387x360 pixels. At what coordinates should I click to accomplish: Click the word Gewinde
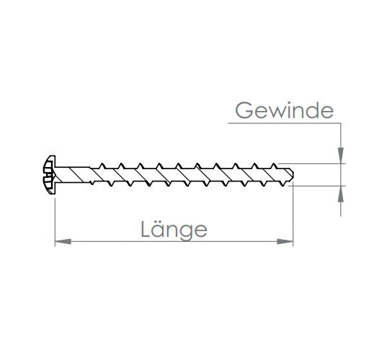click(x=285, y=110)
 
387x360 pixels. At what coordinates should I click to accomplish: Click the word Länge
click(x=174, y=230)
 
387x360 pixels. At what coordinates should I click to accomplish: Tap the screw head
click(x=49, y=175)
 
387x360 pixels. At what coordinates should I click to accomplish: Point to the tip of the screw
click(x=293, y=174)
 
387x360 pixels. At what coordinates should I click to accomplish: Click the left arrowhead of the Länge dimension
click(x=63, y=242)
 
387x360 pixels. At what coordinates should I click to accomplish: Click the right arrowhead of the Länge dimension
click(x=285, y=242)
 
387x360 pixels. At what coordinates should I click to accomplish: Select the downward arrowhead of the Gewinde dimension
click(x=341, y=156)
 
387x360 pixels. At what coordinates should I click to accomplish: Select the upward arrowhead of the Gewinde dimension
click(x=341, y=194)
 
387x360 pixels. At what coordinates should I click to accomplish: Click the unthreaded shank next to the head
click(x=73, y=175)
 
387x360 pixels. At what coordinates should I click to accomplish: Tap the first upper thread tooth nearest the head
click(x=102, y=166)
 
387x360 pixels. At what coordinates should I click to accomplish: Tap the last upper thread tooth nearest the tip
click(x=274, y=166)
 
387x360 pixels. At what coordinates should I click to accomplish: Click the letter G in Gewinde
click(x=244, y=110)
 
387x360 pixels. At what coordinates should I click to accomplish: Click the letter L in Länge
click(x=146, y=229)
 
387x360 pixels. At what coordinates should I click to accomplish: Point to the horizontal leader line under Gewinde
click(x=285, y=123)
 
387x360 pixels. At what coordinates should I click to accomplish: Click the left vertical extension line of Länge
click(x=55, y=222)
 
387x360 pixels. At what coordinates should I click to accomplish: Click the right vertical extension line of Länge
click(x=293, y=215)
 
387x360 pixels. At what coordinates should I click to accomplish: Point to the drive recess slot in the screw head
click(x=49, y=175)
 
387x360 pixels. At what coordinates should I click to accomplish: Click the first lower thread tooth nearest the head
click(x=92, y=183)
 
